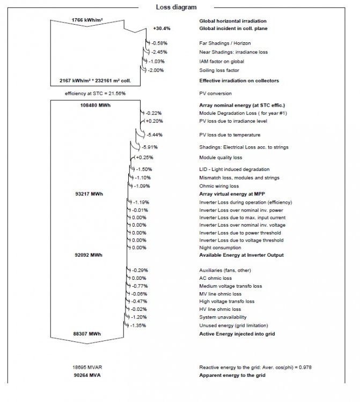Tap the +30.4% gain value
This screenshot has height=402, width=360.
[x=161, y=28]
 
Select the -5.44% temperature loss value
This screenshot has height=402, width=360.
[x=155, y=135]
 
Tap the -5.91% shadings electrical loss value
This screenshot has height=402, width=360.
[x=149, y=147]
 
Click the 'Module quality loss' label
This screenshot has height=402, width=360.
[x=221, y=158]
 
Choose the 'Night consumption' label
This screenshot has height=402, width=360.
[x=219, y=248]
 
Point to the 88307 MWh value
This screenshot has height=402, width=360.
[x=87, y=333]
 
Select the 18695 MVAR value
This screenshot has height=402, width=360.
[x=87, y=367]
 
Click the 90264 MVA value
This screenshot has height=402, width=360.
[x=87, y=375]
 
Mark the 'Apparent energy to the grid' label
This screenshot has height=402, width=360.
[x=232, y=375]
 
